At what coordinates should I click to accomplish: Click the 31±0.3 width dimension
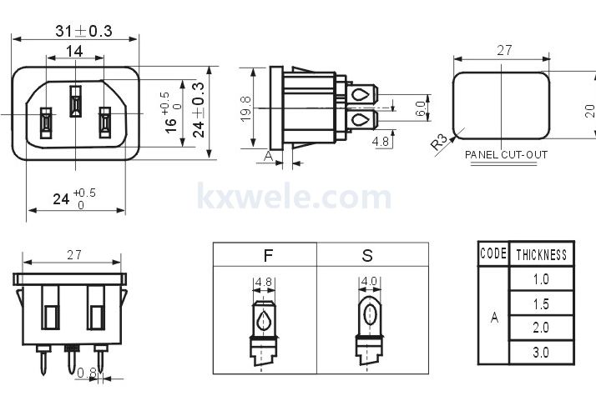83,31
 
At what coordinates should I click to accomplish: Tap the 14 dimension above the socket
74,51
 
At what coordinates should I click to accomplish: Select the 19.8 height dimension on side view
246,108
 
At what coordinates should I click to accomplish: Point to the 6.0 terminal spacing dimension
420,108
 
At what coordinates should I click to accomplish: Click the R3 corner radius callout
439,142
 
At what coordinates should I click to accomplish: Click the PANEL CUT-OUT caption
506,155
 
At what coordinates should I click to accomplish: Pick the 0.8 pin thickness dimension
87,373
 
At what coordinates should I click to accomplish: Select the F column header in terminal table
268,255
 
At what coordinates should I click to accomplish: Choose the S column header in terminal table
367,255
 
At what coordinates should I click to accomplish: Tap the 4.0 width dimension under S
369,281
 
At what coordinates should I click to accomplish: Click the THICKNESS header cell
541,254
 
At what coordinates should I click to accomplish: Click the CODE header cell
493,253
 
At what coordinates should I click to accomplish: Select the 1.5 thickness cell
541,303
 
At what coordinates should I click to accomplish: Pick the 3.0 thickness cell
541,353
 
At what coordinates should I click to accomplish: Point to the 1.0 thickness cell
541,279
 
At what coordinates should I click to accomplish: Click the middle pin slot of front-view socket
75,102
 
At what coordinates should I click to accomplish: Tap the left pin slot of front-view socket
46,123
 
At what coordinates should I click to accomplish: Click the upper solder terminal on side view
362,94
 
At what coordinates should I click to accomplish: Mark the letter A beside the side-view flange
268,156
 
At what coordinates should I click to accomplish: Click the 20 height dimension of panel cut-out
589,111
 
